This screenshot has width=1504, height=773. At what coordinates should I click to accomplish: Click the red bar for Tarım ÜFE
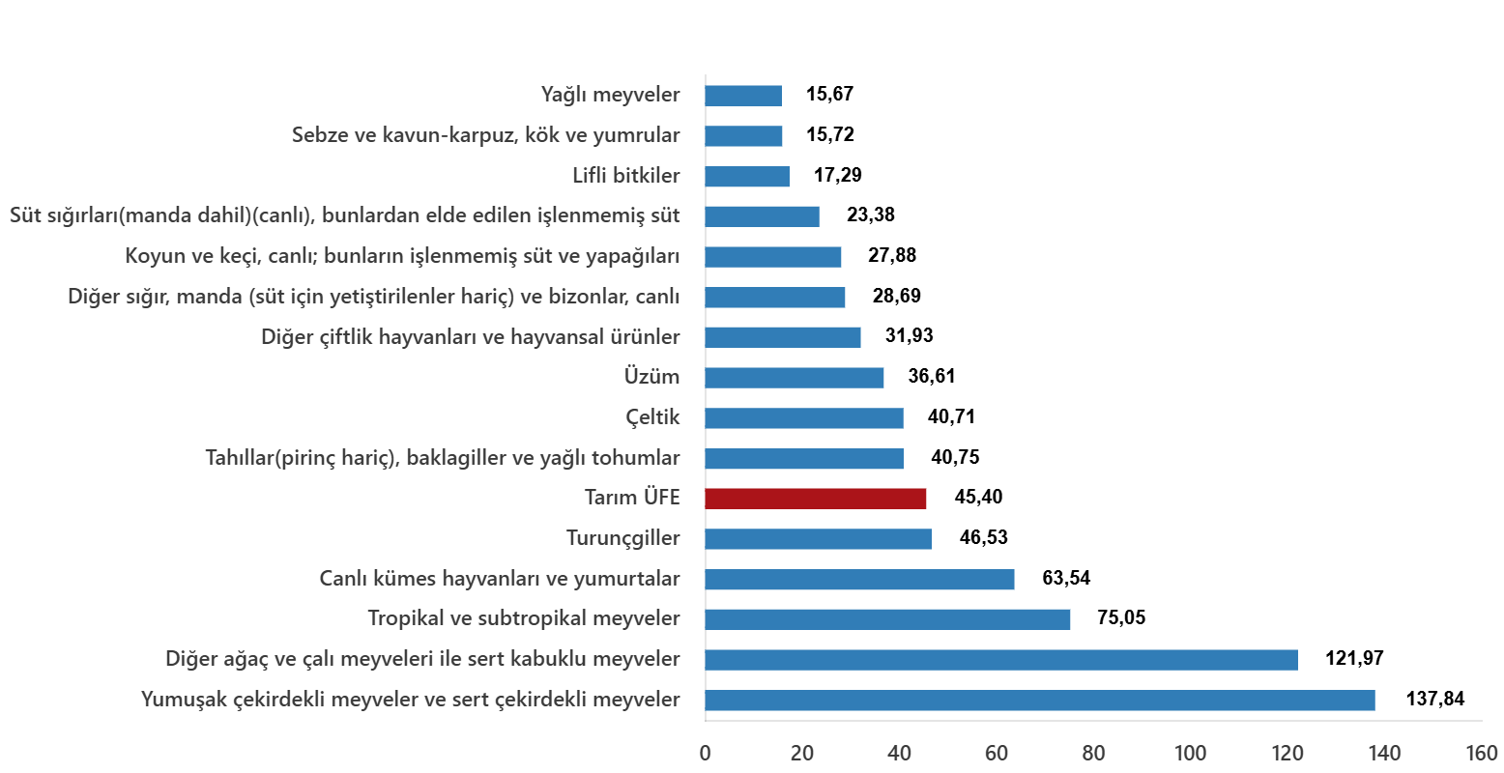pos(815,499)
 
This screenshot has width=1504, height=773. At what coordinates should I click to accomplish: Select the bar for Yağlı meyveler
pos(742,96)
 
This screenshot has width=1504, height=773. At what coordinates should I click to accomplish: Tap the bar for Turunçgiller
pos(818,539)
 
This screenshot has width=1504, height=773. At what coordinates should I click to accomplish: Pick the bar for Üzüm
pos(794,378)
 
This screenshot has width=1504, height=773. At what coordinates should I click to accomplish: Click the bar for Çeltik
pos(803,418)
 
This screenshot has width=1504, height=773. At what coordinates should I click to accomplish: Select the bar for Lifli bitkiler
pos(746,177)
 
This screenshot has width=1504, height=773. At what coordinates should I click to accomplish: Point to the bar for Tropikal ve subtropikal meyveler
pos(887,619)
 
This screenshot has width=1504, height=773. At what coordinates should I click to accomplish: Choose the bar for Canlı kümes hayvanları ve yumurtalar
pos(859,580)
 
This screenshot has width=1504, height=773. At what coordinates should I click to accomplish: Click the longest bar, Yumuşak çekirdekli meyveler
pos(1039,701)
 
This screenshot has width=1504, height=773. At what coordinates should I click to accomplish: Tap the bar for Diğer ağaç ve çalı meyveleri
pos(1000,660)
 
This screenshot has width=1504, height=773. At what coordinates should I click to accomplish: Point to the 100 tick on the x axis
pos(1190,753)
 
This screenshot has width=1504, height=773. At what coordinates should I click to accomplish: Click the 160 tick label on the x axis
pos(1481,753)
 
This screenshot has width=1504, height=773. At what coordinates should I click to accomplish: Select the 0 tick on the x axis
pos(706,753)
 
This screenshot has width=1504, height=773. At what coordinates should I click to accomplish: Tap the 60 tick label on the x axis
pos(997,753)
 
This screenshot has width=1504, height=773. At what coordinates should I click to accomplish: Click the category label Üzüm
pos(651,378)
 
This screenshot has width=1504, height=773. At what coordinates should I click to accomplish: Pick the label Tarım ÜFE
pos(632,499)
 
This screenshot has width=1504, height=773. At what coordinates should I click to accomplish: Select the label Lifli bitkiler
pos(626,177)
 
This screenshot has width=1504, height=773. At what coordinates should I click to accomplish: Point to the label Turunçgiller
pos(622,539)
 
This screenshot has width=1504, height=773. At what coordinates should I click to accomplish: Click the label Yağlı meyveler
pos(610,96)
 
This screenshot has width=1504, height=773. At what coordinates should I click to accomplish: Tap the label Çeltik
pos(652,418)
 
